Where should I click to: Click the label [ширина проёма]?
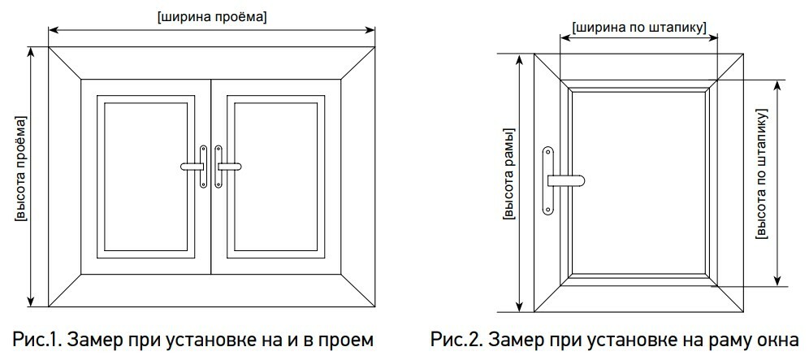click(x=212, y=16)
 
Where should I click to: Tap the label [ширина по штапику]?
click(x=639, y=27)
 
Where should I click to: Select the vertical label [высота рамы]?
click(x=508, y=174)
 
